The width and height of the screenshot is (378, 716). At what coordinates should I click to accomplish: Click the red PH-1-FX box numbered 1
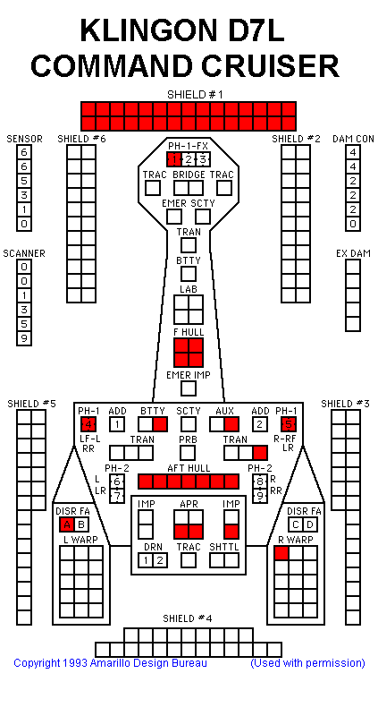click(174, 160)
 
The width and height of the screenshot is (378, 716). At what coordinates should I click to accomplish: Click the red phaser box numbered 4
click(88, 424)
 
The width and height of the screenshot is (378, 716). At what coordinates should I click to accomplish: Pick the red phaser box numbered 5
click(288, 424)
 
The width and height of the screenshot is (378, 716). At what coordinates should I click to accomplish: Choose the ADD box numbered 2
click(259, 424)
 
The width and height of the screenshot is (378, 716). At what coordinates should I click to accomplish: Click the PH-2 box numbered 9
click(259, 496)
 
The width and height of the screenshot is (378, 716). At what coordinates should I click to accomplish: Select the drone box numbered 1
click(146, 560)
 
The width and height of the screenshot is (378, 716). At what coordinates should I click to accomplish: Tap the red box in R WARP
click(282, 553)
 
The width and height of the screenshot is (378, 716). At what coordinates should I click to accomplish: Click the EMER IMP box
click(189, 388)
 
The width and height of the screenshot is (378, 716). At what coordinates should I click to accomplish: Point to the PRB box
click(189, 453)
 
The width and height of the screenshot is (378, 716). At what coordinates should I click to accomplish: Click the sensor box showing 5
click(24, 182)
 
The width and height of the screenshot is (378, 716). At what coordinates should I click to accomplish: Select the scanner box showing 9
click(24, 338)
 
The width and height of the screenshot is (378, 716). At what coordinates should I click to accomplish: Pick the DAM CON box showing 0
click(352, 225)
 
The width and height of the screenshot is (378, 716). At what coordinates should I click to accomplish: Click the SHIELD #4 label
click(188, 618)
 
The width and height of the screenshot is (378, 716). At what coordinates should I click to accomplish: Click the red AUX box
click(231, 424)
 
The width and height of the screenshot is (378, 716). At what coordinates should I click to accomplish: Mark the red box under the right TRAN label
click(260, 453)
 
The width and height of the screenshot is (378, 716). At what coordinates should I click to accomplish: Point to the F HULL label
click(189, 332)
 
